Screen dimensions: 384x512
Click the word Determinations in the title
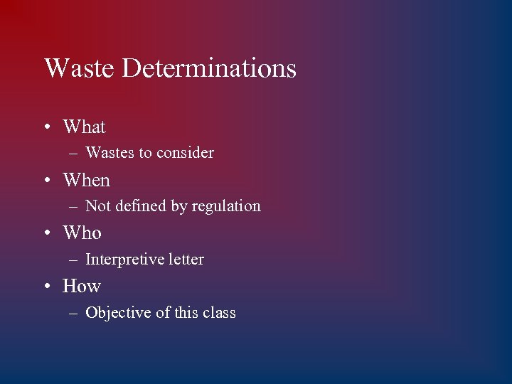209,68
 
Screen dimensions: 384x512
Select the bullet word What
84,127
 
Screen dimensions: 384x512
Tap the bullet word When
86,181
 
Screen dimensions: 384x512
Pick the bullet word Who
82,233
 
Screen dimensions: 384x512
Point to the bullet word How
81,287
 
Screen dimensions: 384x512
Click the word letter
186,260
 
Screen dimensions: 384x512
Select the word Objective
118,313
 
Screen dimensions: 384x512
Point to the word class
219,313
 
